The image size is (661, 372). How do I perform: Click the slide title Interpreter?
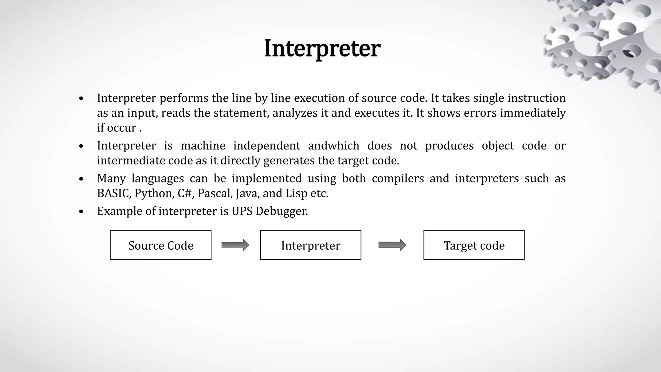[322, 48]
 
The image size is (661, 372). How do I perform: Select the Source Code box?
[161, 245]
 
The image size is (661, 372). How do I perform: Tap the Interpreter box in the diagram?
[310, 245]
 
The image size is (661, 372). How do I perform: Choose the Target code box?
[474, 245]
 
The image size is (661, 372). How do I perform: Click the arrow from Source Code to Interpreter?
[235, 245]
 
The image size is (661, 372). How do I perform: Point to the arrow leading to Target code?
[392, 245]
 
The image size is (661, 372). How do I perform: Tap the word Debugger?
[282, 211]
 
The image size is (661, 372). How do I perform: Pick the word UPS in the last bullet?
[242, 211]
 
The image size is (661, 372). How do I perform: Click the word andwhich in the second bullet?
[333, 146]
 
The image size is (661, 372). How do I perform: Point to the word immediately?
[533, 113]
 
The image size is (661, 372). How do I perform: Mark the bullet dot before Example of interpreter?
[81, 212]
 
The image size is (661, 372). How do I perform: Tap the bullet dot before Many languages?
[81, 179]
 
